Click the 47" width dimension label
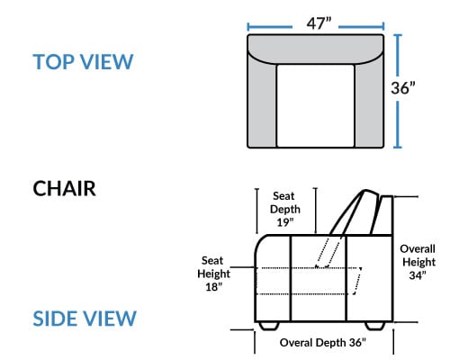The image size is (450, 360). click(319, 23)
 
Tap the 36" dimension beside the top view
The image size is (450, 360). click(403, 88)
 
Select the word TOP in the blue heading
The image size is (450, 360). click(54, 62)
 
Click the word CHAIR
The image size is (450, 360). click(64, 189)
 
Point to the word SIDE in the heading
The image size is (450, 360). click(54, 319)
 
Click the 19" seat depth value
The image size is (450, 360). click(284, 222)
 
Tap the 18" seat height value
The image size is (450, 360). click(213, 287)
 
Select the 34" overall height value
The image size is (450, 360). click(418, 275)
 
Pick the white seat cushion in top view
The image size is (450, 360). click(315, 105)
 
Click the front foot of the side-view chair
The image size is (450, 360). click(269, 326)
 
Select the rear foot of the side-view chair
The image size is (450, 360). click(374, 326)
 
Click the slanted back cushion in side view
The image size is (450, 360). click(354, 211)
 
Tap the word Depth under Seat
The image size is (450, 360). click(285, 210)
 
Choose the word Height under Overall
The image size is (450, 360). click(418, 262)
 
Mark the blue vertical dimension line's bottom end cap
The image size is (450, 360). click(397, 147)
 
